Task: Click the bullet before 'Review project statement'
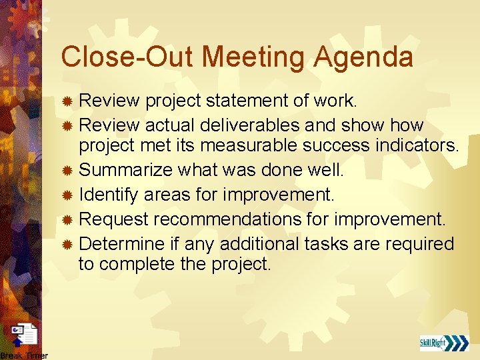click(x=67, y=101)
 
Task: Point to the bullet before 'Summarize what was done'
click(x=67, y=171)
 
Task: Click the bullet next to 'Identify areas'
click(x=67, y=195)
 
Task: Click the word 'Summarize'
click(x=126, y=171)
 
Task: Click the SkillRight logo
click(x=444, y=343)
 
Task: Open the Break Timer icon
click(x=25, y=335)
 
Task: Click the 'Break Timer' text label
click(x=24, y=355)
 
